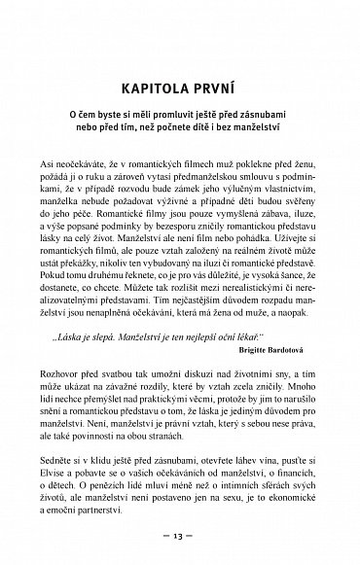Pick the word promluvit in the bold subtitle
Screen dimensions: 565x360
[184, 113]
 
